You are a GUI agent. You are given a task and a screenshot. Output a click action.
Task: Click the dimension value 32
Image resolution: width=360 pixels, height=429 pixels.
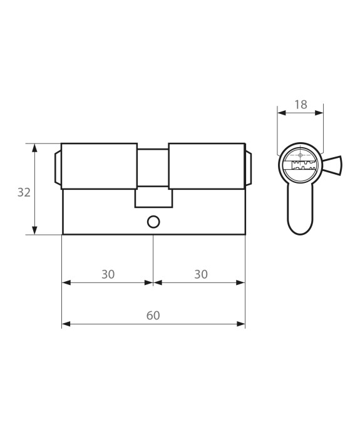point(24,193)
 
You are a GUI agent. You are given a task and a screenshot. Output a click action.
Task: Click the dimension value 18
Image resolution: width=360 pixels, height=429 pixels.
point(301,105)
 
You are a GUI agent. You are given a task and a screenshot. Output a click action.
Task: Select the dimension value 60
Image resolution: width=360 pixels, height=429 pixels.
point(153,316)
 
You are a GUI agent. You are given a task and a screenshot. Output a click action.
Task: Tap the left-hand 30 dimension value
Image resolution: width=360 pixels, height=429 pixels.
point(108,274)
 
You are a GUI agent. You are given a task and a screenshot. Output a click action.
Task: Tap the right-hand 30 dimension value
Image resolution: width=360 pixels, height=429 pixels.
point(201,274)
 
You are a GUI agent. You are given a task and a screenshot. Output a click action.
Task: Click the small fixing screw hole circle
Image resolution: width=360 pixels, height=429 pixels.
point(153,222)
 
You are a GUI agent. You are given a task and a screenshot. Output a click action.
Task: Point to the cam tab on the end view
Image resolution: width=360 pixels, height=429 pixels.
point(332,165)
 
